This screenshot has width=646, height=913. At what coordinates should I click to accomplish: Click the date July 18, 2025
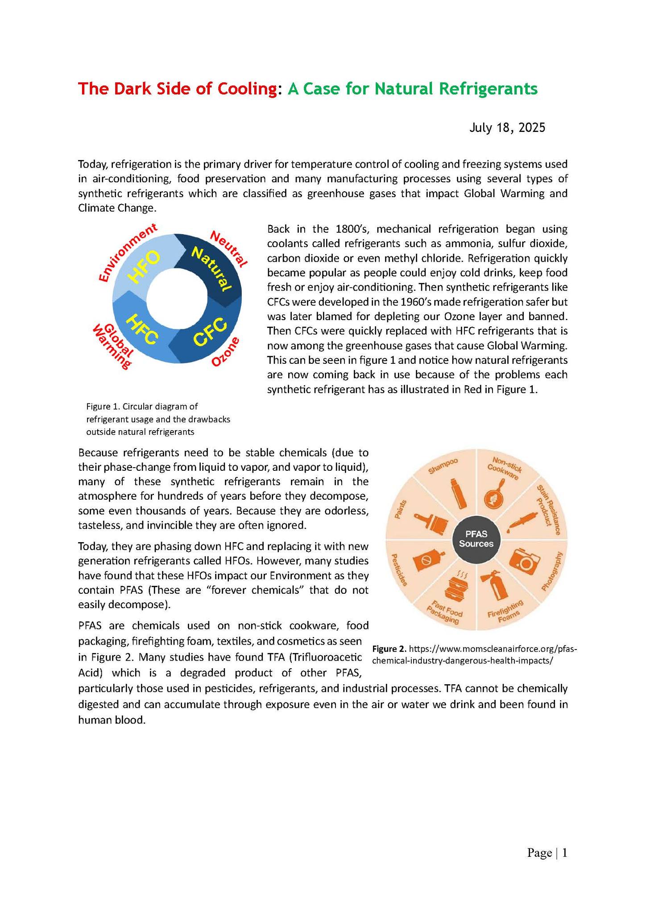507,128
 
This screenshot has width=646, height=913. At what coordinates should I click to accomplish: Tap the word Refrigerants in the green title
488,89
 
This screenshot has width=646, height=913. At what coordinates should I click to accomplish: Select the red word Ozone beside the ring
226,352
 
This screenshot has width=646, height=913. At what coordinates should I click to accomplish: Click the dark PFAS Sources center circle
476,539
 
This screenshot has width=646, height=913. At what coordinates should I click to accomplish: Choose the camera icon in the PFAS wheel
523,563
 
